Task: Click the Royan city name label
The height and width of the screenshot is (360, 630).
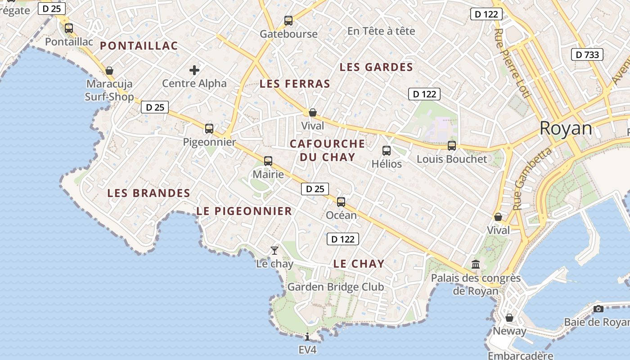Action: [x=566, y=128]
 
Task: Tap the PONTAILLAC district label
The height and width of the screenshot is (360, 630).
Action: [x=139, y=45]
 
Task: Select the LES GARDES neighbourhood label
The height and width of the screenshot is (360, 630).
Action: [x=376, y=67]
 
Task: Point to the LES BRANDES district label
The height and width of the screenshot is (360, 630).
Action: [x=148, y=193]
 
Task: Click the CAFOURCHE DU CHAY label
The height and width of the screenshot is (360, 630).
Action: [x=327, y=150]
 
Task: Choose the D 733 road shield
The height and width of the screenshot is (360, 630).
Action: [x=587, y=55]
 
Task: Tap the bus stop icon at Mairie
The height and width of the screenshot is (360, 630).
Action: [x=268, y=161]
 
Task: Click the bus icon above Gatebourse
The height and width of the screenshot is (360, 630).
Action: [x=288, y=21]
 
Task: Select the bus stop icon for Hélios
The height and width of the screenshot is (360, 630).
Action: [x=387, y=151]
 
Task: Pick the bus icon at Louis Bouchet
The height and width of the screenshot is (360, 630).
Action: [x=452, y=146]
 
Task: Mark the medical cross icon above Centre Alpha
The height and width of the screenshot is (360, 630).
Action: [x=194, y=70]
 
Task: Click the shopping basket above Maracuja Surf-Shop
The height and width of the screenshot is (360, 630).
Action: [x=109, y=71]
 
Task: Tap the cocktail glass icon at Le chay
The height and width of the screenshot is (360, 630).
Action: [x=274, y=251]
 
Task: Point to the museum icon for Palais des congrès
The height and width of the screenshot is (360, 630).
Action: [x=476, y=264]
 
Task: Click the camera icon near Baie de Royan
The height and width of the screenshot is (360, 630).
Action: [x=598, y=309]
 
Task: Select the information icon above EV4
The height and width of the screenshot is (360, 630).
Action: [x=307, y=336]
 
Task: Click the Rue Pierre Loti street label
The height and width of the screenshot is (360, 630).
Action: [x=512, y=63]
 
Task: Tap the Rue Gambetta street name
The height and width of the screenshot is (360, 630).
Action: [x=532, y=178]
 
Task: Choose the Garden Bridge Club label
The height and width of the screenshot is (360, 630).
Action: [x=336, y=287]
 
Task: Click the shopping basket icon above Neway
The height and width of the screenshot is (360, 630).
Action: [x=509, y=318]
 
